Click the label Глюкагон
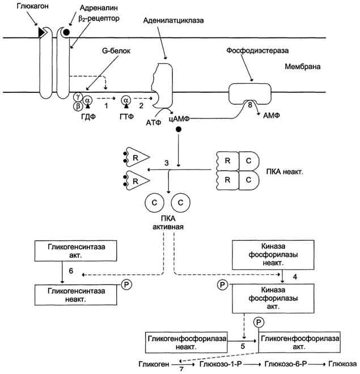[x=33, y=6]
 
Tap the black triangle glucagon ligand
[x=42, y=32]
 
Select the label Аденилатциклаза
[x=173, y=20]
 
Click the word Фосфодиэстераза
[x=257, y=50]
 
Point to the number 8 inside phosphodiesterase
[x=250, y=105]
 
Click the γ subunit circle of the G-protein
[x=78, y=96]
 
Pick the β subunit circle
[x=78, y=106]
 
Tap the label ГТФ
[x=126, y=117]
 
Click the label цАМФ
[x=179, y=118]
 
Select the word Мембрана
[x=303, y=66]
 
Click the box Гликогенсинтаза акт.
[x=75, y=250]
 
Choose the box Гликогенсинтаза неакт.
[x=76, y=295]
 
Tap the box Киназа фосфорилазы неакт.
[x=273, y=255]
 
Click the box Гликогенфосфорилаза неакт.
[x=187, y=342]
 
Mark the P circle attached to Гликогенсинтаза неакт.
[x=126, y=284]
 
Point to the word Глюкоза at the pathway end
[x=342, y=364]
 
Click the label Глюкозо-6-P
[x=286, y=364]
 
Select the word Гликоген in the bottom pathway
[x=154, y=364]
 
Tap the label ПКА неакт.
[x=285, y=172]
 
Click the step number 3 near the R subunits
[x=167, y=163]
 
